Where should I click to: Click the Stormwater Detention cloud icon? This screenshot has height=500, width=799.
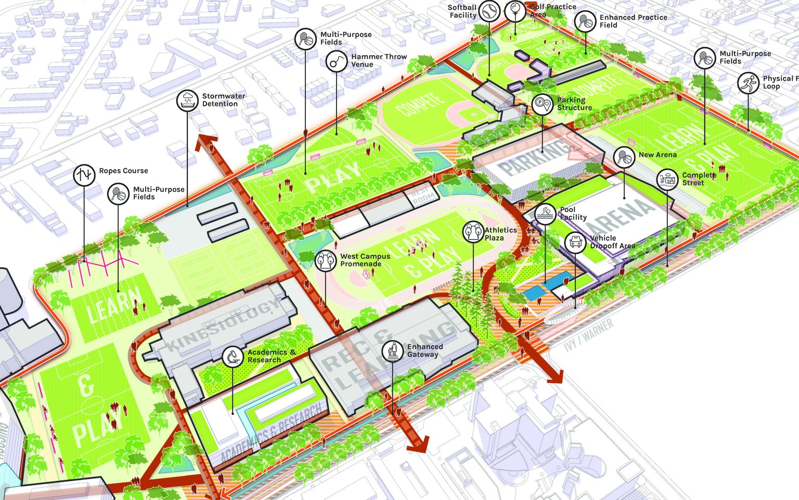pos(187,100)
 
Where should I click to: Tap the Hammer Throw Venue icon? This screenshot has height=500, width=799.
pos(337,61)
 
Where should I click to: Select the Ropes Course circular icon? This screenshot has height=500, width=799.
pos(84,175)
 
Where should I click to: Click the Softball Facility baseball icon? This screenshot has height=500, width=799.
pos(489,11)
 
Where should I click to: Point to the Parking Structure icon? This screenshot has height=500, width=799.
pos(543,104)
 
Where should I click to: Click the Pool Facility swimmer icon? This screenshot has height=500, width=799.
pos(545,214)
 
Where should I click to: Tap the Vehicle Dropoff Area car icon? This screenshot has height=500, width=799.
pos(575,242)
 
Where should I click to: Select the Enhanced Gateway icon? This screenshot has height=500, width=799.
pos(392,351)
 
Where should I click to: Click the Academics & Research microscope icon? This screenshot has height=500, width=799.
pos(233,357)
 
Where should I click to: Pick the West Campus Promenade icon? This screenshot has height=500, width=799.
pos(326,260)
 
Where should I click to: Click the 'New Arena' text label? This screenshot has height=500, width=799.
pos(658,155)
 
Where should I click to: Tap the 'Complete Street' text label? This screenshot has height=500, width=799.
pos(699,179)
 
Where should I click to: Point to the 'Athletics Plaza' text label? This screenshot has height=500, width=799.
pos(500,234)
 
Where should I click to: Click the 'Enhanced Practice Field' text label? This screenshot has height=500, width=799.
pos(633,21)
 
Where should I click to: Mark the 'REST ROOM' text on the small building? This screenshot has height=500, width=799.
pos(422,195)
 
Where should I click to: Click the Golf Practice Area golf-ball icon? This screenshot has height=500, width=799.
pos(515,10)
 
